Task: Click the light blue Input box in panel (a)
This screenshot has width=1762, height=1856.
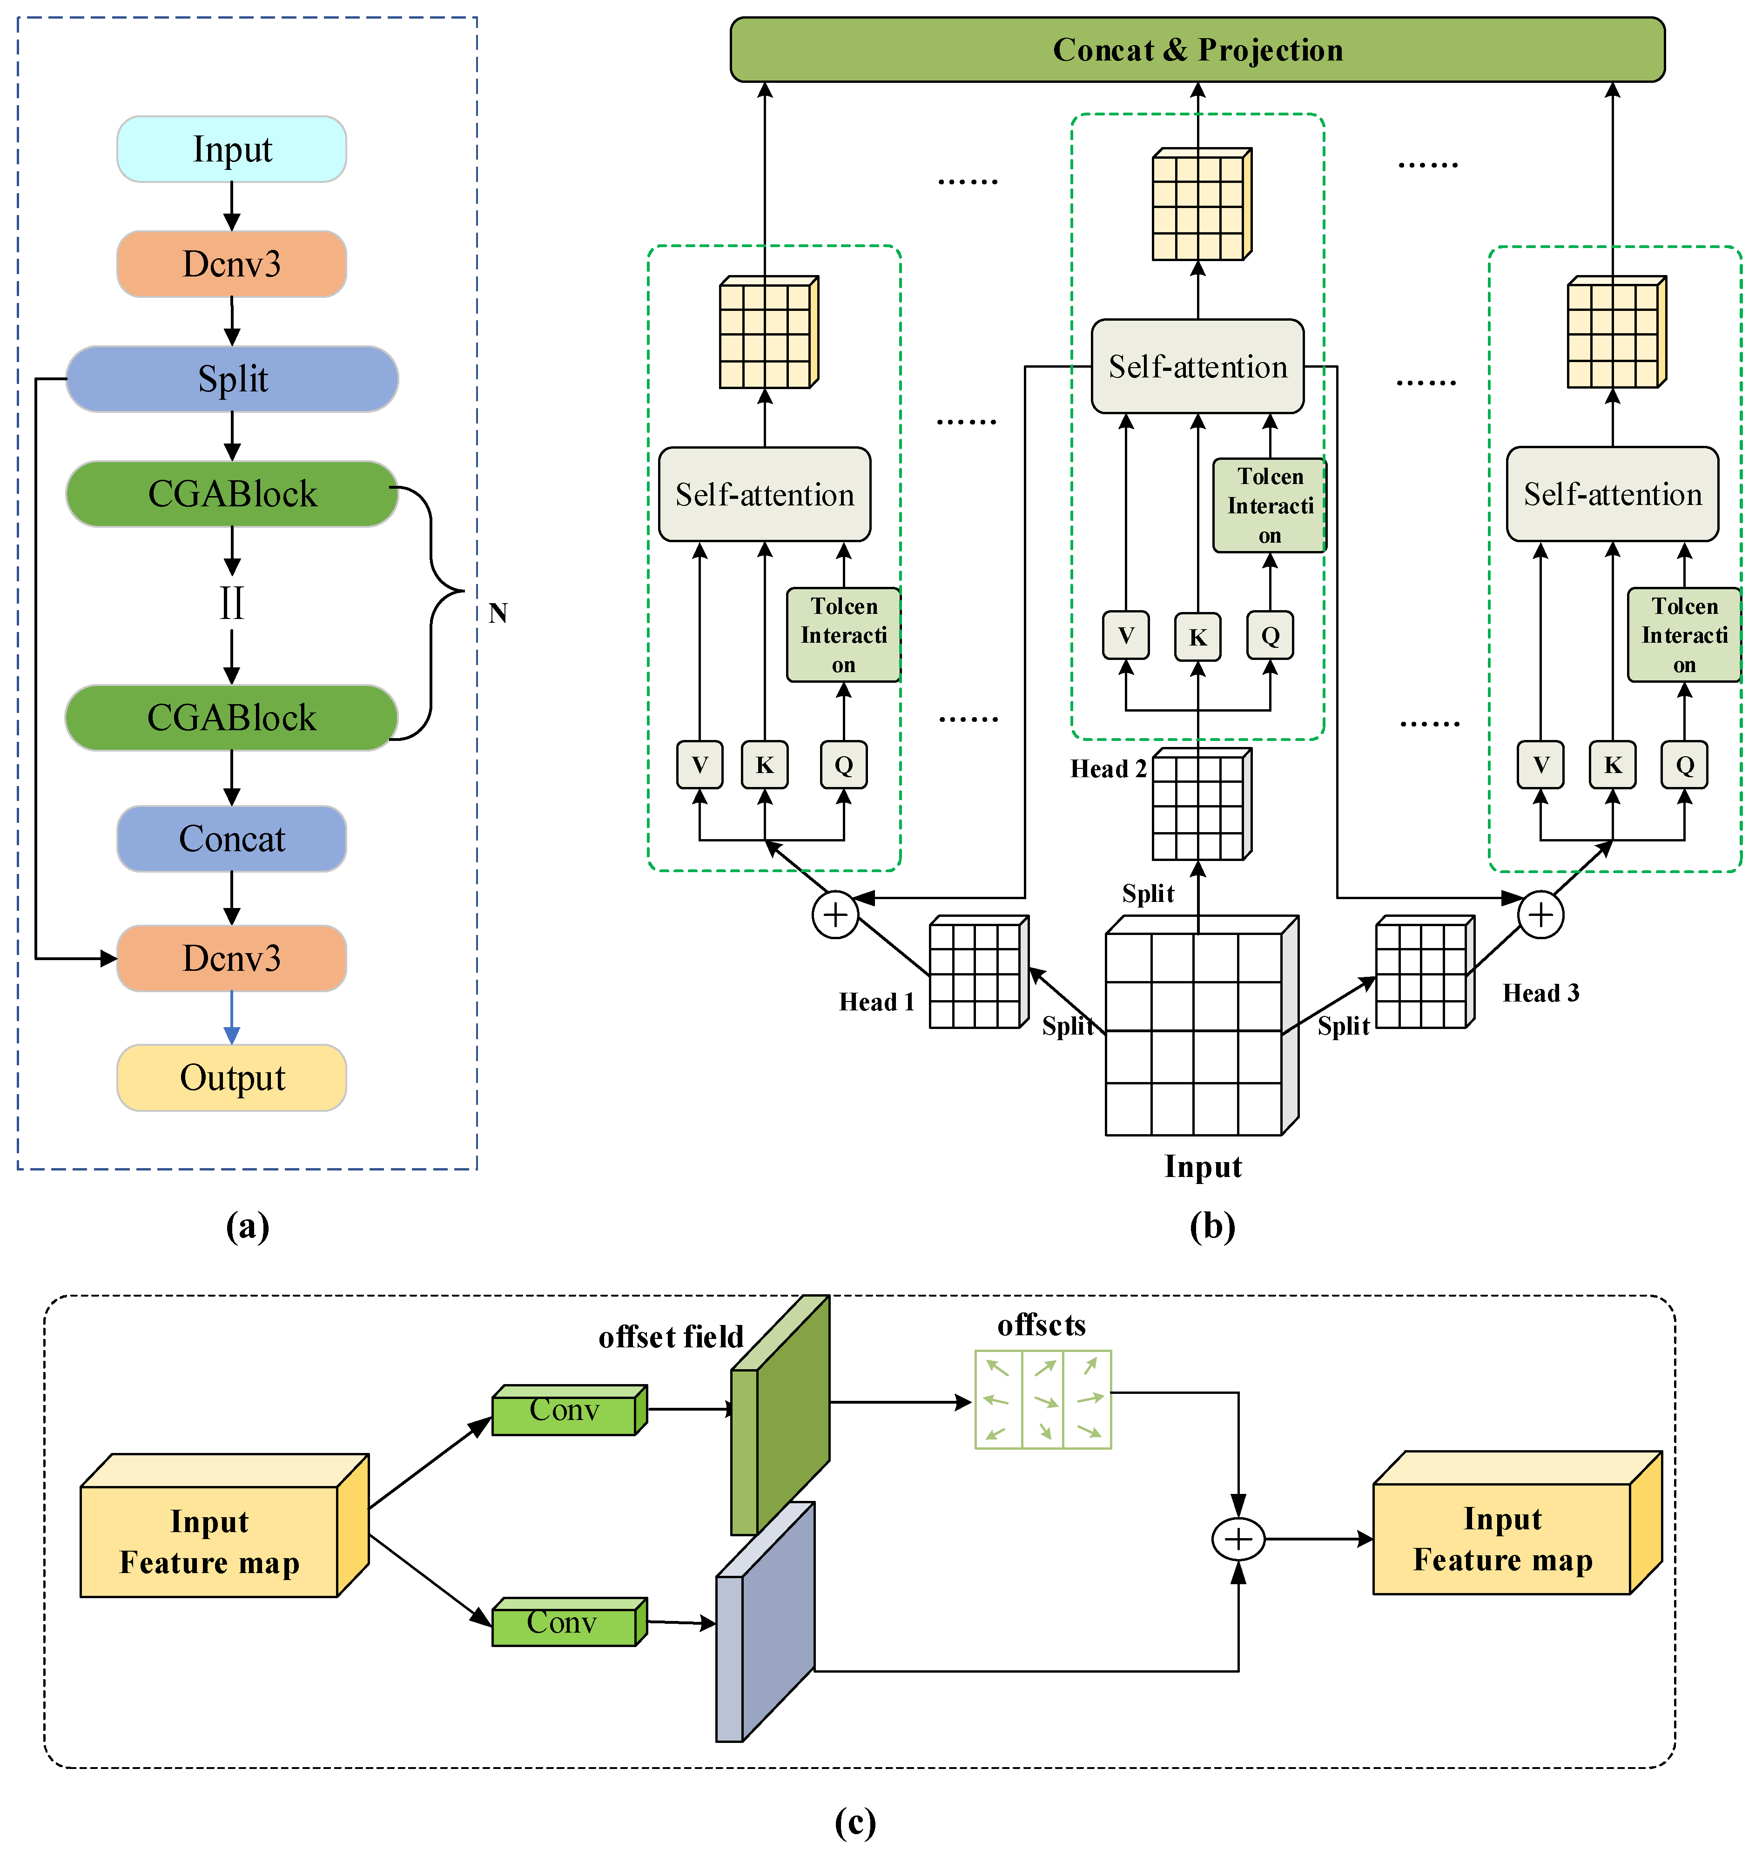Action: click(x=232, y=149)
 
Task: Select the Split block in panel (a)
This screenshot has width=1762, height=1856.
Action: click(x=232, y=378)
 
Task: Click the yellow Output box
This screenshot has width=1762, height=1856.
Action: click(x=232, y=1077)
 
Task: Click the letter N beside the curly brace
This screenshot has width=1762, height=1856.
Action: click(x=498, y=613)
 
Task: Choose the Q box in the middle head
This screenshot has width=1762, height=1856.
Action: click(x=1270, y=636)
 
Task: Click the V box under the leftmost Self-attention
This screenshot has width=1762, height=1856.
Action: click(x=700, y=765)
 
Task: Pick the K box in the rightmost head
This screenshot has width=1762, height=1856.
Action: click(x=1613, y=765)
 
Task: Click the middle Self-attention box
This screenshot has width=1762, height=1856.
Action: click(x=1197, y=366)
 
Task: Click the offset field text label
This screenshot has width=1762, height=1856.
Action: click(x=671, y=1337)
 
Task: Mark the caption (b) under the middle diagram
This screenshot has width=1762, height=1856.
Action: click(x=1211, y=1226)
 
